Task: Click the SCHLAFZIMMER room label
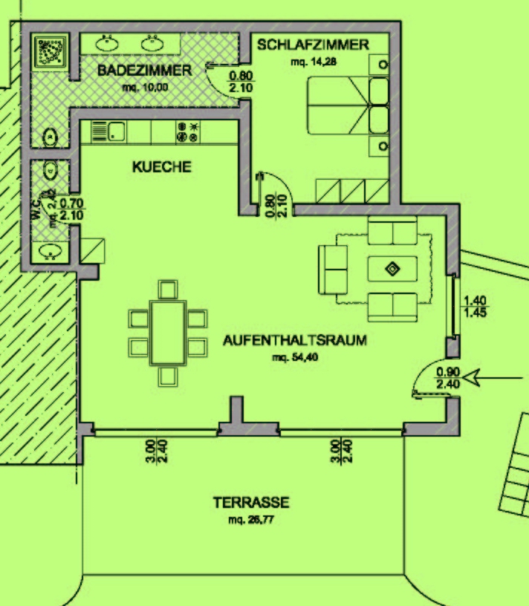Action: pyautogui.click(x=313, y=45)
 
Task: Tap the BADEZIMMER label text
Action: pyautogui.click(x=145, y=71)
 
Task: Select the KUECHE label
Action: pyautogui.click(x=162, y=167)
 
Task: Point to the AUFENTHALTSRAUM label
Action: pyautogui.click(x=295, y=340)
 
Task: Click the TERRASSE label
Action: pyautogui.click(x=251, y=503)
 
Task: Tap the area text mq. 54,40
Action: pyautogui.click(x=295, y=357)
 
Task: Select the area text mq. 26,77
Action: pyautogui.click(x=251, y=519)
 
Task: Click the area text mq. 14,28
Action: pyautogui.click(x=314, y=62)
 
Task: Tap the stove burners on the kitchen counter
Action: pyautogui.click(x=188, y=131)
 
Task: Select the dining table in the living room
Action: pyautogui.click(x=168, y=333)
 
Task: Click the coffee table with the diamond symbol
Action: pyautogui.click(x=392, y=269)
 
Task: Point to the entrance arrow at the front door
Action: pyautogui.click(x=493, y=377)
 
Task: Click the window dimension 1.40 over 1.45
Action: pyautogui.click(x=475, y=306)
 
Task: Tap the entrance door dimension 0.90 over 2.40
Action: pyautogui.click(x=448, y=378)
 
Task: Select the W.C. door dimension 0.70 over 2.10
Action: pyautogui.click(x=71, y=209)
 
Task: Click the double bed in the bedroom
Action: pyautogui.click(x=348, y=105)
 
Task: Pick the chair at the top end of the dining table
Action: pyautogui.click(x=168, y=290)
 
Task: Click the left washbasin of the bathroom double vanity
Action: pyautogui.click(x=107, y=43)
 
